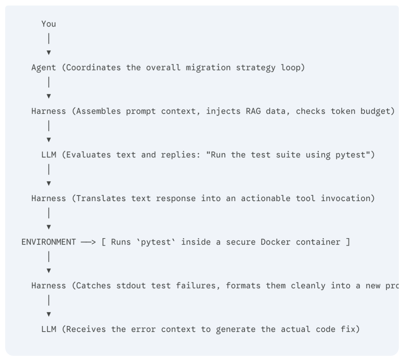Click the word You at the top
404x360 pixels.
49,24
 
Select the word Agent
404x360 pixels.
43,68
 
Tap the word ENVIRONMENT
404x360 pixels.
49,242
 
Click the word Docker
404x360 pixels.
275,242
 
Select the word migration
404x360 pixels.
208,68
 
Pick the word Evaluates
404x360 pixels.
89,155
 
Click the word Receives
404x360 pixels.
86,329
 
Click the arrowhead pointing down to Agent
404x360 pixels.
49,52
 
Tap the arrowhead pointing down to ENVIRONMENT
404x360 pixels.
49,227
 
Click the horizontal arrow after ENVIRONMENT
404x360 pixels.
88,242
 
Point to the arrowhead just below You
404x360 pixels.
49,52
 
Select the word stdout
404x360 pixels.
131,285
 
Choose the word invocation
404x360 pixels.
345,199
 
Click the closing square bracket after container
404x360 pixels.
348,242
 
